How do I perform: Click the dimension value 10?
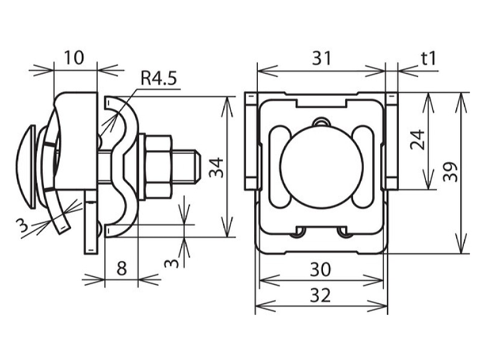[74, 57]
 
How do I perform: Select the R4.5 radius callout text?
[158, 78]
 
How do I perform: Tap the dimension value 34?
[216, 168]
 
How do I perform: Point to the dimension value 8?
[122, 268]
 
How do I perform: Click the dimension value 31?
[322, 58]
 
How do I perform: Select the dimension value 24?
[418, 140]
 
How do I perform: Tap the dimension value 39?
[451, 172]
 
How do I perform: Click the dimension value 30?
[321, 269]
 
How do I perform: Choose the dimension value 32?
[321, 295]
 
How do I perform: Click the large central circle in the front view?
[322, 167]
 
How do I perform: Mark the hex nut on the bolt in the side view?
[158, 167]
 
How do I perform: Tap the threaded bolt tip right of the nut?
[186, 167]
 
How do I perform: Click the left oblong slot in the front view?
[280, 167]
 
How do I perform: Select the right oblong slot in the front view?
[363, 167]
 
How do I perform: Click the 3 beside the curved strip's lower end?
[22, 226]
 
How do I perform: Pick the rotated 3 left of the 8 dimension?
[171, 264]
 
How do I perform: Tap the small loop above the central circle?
[322, 122]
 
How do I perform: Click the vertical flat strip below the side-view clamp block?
[92, 221]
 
